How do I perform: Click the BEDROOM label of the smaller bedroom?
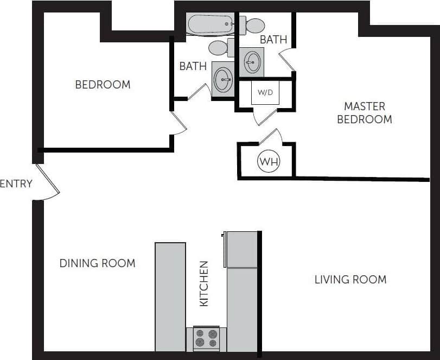pyautogui.click(x=103, y=85)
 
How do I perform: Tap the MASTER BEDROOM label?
pyautogui.click(x=364, y=113)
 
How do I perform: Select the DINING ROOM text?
pyautogui.click(x=97, y=263)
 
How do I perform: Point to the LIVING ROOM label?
pyautogui.click(x=350, y=280)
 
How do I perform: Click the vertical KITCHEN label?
pyautogui.click(x=204, y=283)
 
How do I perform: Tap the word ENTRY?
pyautogui.click(x=16, y=184)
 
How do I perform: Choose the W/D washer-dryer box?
pyautogui.click(x=265, y=93)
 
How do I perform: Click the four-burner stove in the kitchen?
pyautogui.click(x=206, y=338)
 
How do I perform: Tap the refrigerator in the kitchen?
pyautogui.click(x=241, y=249)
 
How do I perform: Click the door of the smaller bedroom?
pyautogui.click(x=178, y=123)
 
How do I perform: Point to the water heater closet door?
pyautogui.click(x=271, y=136)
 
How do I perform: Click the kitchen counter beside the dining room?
pyautogui.click(x=170, y=296)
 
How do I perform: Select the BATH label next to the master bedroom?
pyautogui.click(x=273, y=40)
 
